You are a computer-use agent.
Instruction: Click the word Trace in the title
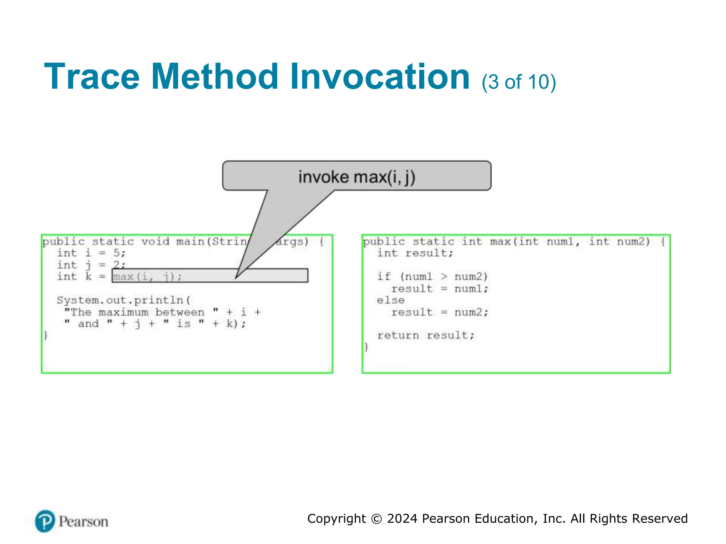coord(92,77)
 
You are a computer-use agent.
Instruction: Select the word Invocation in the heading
coord(380,77)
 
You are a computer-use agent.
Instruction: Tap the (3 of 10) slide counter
coord(519,82)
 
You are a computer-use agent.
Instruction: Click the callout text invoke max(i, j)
coord(357,177)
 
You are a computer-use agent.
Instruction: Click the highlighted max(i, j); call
coord(147,277)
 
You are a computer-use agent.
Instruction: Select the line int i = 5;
coord(91,253)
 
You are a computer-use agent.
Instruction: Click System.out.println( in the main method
coord(124,300)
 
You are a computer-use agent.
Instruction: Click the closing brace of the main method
coord(46,335)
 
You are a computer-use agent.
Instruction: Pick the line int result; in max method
coord(415,253)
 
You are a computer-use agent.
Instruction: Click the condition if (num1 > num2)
coord(432,277)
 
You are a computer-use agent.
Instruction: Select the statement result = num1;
coord(440,289)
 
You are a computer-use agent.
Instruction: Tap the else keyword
coord(391,300)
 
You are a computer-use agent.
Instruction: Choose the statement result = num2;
coord(440,312)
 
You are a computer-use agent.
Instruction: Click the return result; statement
coord(426,335)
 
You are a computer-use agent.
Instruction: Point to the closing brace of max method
coord(367,347)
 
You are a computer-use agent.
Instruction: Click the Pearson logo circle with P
coord(45,521)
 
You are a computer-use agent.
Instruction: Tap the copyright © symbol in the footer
coord(376,519)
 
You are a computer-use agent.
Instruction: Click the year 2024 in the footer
coord(402,519)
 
